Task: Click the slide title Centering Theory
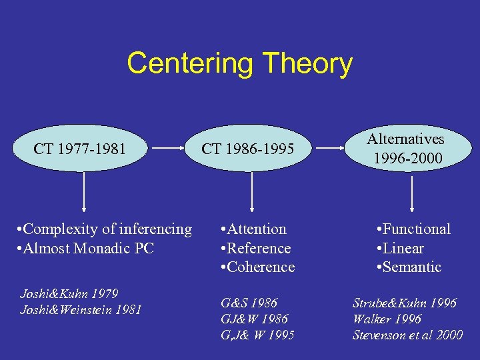coord(239,64)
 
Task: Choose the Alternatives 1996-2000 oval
coord(406,148)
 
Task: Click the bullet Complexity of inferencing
coord(104,229)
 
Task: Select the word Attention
coord(257,229)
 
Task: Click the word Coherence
coord(261,267)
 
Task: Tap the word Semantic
coord(413,267)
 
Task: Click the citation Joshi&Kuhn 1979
coord(69,293)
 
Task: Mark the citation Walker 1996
coord(387,319)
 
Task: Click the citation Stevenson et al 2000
coord(407,335)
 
